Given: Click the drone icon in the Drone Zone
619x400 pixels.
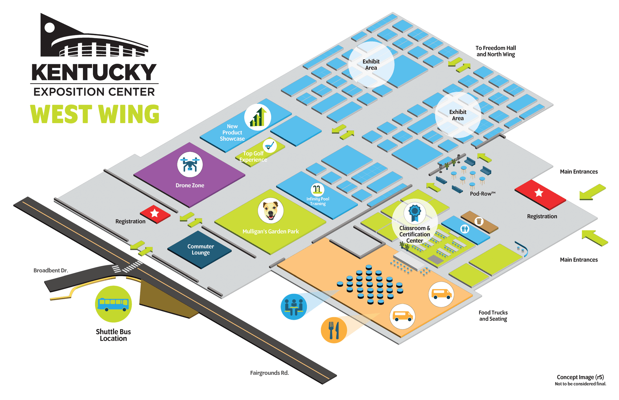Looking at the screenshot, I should (190, 164).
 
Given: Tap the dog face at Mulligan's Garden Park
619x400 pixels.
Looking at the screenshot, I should (270, 210).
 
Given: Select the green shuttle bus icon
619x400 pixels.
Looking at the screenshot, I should (113, 304).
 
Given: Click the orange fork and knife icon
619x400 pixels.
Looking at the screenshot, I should (334, 330).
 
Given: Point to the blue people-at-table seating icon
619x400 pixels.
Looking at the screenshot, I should (294, 307).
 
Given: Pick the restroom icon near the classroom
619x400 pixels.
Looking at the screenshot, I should (465, 229).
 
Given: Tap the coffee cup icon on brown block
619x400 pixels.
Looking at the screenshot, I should (479, 221).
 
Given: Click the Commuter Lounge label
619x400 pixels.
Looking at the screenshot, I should (201, 249).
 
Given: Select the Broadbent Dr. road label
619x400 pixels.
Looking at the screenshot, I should (51, 270).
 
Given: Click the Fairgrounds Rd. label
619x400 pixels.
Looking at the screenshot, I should (269, 373).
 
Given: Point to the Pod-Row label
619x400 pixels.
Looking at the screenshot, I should (482, 194).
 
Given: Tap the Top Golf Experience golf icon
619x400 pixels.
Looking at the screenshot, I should (270, 146).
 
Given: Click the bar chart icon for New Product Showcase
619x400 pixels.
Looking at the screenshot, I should (258, 117).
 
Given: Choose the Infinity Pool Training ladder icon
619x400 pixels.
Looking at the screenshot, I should (317, 189).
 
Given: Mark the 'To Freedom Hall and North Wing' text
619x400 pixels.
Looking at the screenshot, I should (496, 51).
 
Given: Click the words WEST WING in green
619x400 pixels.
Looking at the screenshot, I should (95, 114).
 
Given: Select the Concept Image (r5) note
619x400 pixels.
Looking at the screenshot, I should (580, 377).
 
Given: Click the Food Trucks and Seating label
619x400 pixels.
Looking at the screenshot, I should (493, 316).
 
